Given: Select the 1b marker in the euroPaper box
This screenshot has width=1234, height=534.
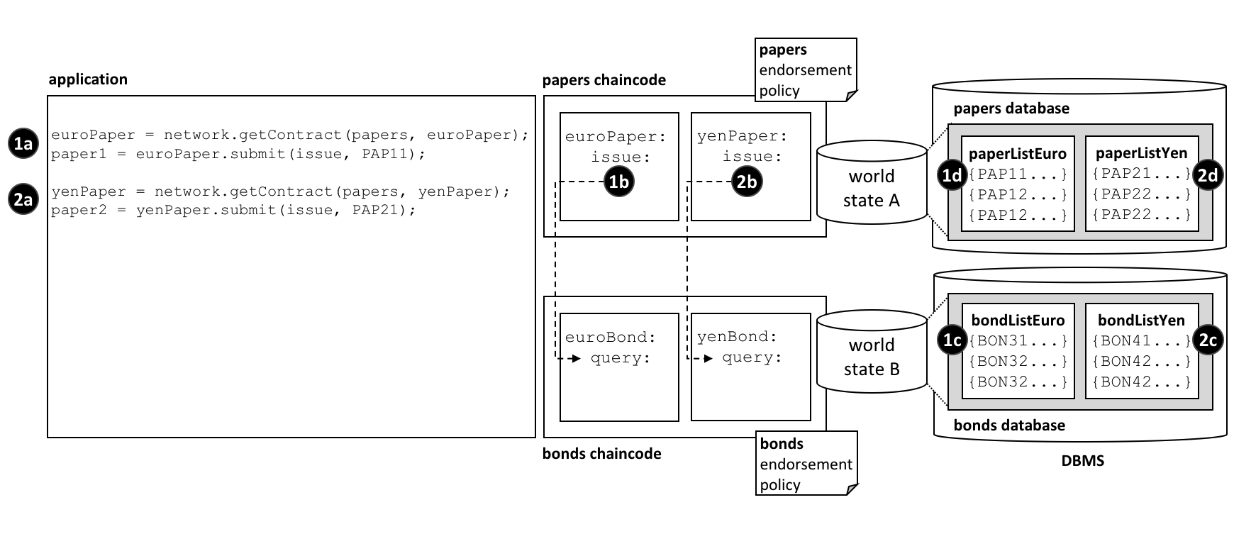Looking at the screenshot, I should (x=618, y=182).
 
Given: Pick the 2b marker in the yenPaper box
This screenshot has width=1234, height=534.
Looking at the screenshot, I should (x=746, y=182).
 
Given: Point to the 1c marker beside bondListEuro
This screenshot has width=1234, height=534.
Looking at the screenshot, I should (x=952, y=340).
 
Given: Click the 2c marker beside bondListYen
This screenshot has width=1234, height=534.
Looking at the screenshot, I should (x=1208, y=340).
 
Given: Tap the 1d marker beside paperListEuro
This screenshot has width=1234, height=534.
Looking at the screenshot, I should (x=952, y=174).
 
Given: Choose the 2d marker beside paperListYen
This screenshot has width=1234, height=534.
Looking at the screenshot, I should (x=1208, y=174).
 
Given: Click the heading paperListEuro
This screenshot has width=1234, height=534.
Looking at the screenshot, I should (x=1017, y=154).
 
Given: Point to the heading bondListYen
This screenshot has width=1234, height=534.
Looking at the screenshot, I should (x=1141, y=321).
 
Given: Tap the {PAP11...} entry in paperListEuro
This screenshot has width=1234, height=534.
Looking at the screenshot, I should (x=1018, y=174).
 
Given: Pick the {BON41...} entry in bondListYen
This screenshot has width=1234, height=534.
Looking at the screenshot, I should (x=1141, y=341).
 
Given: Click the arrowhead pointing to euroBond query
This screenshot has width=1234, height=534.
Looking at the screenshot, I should (x=577, y=358).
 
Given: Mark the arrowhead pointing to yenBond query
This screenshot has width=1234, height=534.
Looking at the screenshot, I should (x=708, y=358).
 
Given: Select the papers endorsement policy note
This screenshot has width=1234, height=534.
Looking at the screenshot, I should (x=806, y=69).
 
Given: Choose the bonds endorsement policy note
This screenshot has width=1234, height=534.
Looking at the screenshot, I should (x=806, y=464).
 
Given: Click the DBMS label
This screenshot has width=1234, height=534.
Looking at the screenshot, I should (x=1082, y=461).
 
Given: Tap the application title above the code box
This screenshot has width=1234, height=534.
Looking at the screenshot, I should (x=88, y=79).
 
